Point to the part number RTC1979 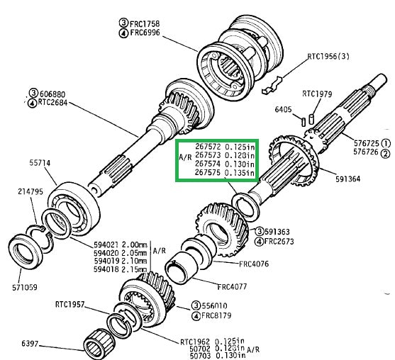(x=318, y=93)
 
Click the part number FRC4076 (x=234, y=264)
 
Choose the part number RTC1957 (x=70, y=305)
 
